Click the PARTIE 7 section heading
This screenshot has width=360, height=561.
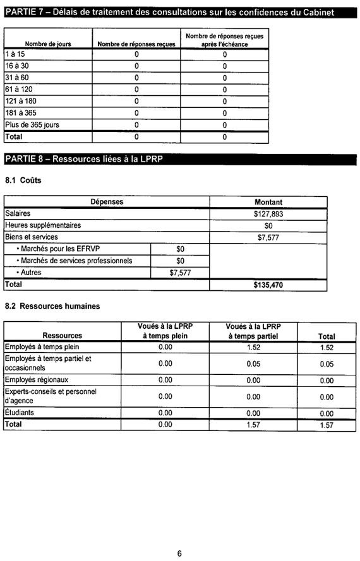[168, 12]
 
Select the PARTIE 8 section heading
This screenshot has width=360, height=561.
[84, 158]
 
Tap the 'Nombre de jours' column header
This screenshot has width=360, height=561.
[48, 44]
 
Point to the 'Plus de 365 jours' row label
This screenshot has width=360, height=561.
[32, 125]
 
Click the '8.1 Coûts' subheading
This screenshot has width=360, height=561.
[23, 180]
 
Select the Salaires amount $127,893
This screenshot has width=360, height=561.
[268, 214]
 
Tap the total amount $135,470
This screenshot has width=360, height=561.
[268, 285]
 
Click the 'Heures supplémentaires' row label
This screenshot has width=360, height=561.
[43, 225]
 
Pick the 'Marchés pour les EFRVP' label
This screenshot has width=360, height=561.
[63, 249]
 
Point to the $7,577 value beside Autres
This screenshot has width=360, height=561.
[180, 273]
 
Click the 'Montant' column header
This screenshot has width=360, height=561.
[268, 202]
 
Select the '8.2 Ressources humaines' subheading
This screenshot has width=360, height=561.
[52, 307]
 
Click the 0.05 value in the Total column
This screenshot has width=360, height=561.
[327, 364]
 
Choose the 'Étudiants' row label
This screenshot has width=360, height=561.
[21, 413]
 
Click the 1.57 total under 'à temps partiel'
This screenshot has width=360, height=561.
[253, 425]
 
